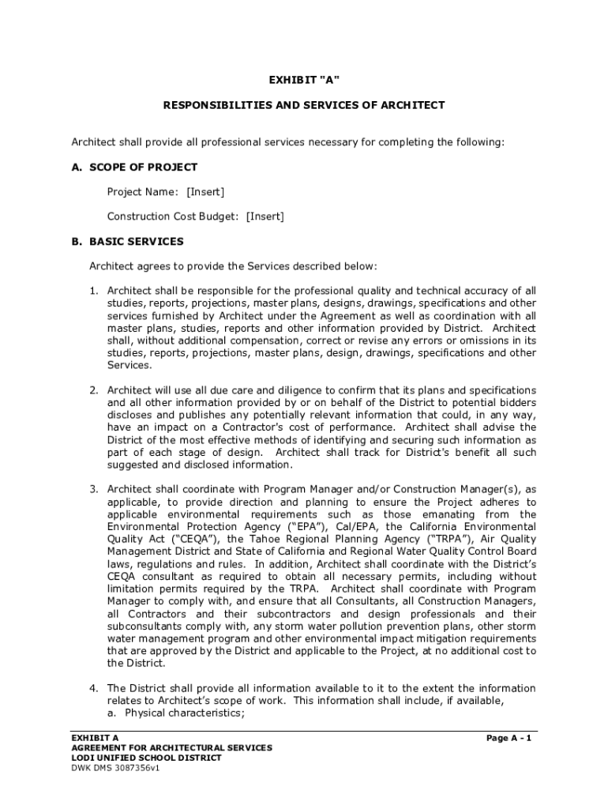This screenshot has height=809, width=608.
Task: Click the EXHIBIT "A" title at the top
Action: click(x=304, y=80)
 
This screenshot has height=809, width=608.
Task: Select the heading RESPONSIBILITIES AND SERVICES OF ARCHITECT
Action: click(x=304, y=105)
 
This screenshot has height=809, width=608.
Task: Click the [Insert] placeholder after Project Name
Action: click(x=205, y=192)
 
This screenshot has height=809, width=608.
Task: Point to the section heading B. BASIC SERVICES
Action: click(x=127, y=241)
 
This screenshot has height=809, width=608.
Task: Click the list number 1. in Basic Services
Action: click(x=93, y=291)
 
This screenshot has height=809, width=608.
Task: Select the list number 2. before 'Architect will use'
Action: click(x=93, y=390)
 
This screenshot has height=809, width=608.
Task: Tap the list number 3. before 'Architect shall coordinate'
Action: click(x=93, y=490)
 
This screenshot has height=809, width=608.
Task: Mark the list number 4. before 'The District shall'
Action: click(x=93, y=689)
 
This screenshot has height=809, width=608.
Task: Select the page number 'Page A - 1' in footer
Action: click(x=509, y=738)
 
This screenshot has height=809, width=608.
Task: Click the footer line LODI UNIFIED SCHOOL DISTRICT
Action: click(x=146, y=758)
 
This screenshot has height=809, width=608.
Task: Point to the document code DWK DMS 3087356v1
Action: click(x=115, y=768)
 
